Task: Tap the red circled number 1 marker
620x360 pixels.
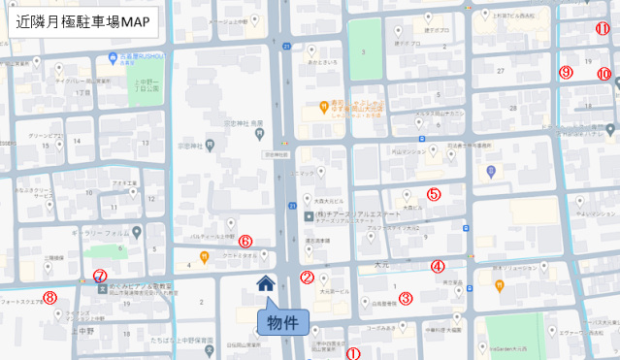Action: pyautogui.click(x=353, y=354)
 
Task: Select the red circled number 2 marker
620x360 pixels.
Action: pyautogui.click(x=307, y=277)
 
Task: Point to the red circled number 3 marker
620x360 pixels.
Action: pyautogui.click(x=406, y=298)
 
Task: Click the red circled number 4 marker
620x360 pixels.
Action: pyautogui.click(x=438, y=266)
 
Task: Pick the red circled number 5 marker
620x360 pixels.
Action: pyautogui.click(x=434, y=193)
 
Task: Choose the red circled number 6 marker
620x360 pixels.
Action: pyautogui.click(x=245, y=240)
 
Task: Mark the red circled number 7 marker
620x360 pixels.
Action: pyautogui.click(x=99, y=276)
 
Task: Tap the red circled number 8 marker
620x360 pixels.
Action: pyautogui.click(x=49, y=297)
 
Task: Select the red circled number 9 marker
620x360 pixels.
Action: pyautogui.click(x=567, y=72)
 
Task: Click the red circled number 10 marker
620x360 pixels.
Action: pyautogui.click(x=604, y=74)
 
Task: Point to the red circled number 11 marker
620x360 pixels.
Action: pyautogui.click(x=603, y=28)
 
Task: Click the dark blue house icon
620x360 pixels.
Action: pyautogui.click(x=265, y=283)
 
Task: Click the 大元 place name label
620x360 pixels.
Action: pyautogui.click(x=380, y=263)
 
